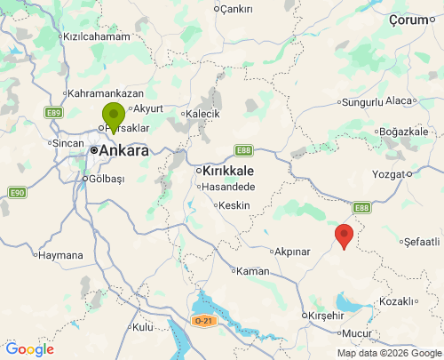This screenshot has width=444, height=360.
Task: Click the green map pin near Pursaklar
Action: (113, 116)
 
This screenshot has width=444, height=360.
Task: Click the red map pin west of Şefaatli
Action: (345, 236)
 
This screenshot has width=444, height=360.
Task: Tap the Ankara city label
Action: (123, 151)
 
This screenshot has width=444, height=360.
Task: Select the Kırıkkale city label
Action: (229, 171)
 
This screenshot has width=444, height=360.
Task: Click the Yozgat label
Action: (391, 174)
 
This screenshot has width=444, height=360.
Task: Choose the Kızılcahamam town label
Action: (96, 37)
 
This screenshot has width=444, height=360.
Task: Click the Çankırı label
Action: (236, 9)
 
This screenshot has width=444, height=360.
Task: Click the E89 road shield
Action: (53, 113)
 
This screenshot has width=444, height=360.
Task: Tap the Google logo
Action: (28, 349)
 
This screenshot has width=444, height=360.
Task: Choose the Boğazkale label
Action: (404, 132)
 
